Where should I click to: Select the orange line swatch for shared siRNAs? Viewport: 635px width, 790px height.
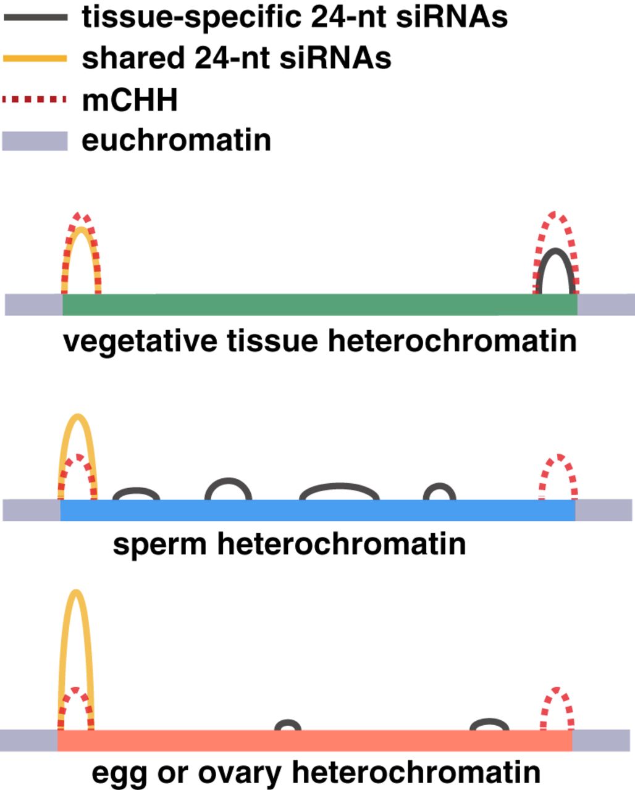coord(35,59)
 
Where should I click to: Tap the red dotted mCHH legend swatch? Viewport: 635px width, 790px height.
coord(35,99)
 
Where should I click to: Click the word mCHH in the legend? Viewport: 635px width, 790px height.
coord(130,100)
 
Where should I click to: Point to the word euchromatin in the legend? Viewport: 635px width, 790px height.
coord(177,141)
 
